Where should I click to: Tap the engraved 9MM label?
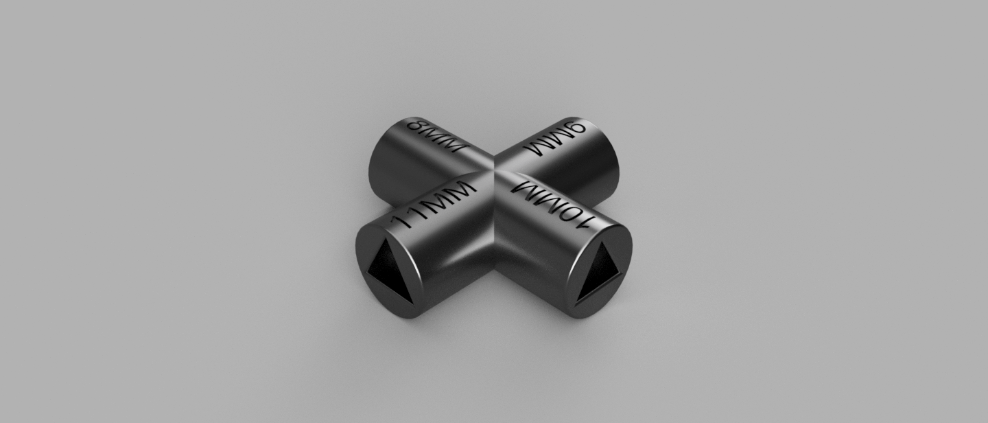pyautogui.click(x=555, y=138)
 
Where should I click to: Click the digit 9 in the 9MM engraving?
pyautogui.click(x=576, y=128)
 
